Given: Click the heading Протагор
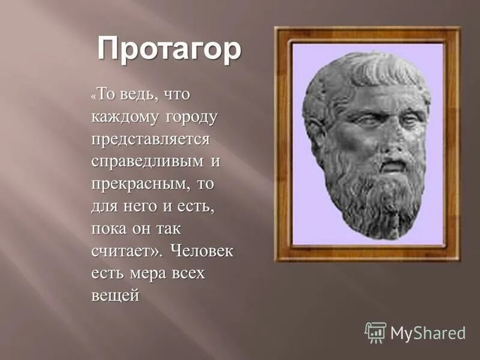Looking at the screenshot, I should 169,50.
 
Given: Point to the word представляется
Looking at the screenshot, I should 151,139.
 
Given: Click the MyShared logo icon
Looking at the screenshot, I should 376,332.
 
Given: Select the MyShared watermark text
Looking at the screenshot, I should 428,334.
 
